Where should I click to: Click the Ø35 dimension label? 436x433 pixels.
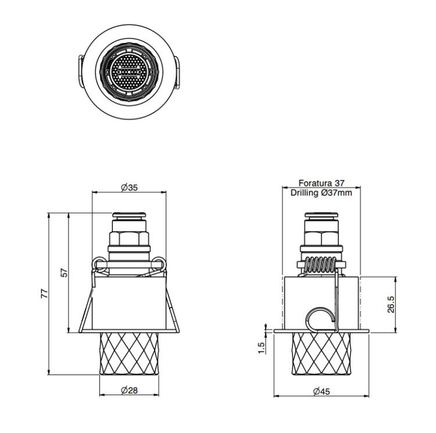[x=129, y=187]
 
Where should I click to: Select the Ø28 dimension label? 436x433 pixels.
[x=129, y=391]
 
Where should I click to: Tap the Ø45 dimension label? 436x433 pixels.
[x=321, y=392]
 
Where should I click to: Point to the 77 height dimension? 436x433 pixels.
[x=45, y=293]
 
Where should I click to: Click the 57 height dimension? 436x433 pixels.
[x=64, y=273]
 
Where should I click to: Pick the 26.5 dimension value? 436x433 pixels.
[x=391, y=305]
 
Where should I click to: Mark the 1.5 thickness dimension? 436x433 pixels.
[x=262, y=348]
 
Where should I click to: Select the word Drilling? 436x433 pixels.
[x=304, y=193]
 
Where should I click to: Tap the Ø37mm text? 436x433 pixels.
[x=336, y=193]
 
